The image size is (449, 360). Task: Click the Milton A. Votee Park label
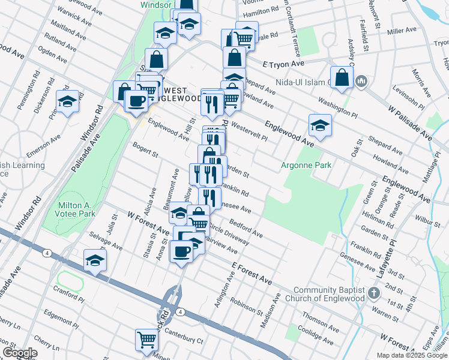pos(76,209)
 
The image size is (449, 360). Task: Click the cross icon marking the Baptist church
pos(374,293)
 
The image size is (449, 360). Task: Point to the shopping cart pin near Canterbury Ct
pos(146,340)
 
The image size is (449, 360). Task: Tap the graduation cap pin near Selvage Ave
pos(95,260)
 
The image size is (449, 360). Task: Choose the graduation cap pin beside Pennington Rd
pos(68,101)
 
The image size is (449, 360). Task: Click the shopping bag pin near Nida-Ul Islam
pos(342,78)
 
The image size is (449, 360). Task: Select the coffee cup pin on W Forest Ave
pos(181,251)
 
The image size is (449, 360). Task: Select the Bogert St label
pos(145,151)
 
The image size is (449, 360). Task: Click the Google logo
pos(19,353)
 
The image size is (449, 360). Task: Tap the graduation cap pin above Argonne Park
pos(321,125)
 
